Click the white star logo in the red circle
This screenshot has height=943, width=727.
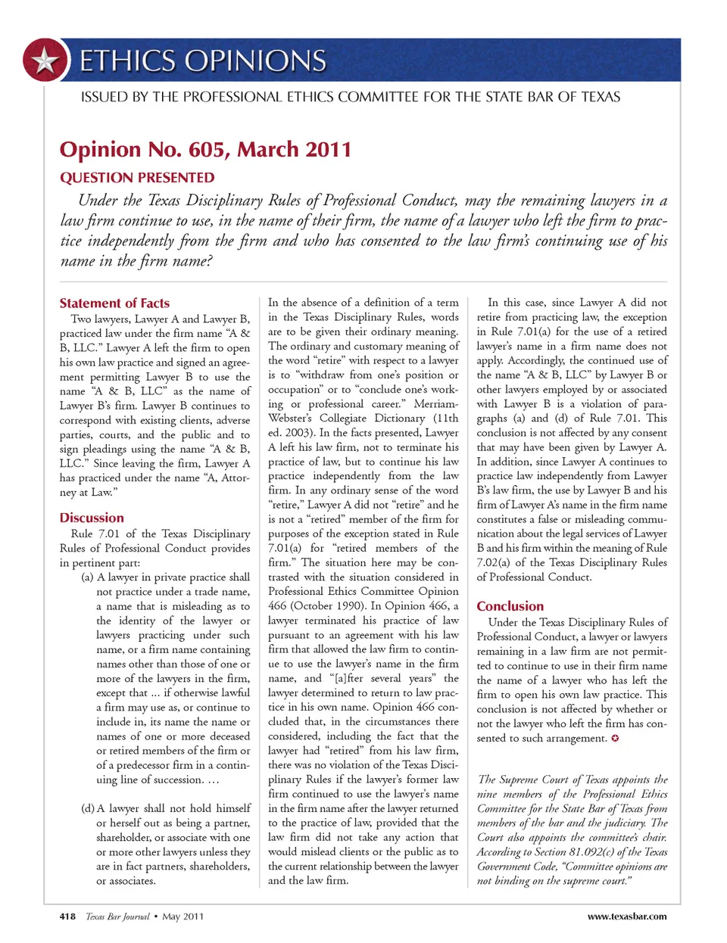point(45,60)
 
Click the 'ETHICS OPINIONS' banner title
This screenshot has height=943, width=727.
point(203,61)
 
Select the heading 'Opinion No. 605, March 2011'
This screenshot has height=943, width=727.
point(205,149)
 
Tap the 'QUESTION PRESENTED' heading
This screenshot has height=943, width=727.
point(137,178)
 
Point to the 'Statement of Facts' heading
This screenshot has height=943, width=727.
point(114,303)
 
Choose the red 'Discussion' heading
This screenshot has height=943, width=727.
point(92,518)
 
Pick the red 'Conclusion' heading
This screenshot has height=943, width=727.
point(510,606)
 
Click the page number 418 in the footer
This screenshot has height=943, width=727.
point(67,917)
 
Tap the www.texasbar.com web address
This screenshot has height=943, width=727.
point(627,917)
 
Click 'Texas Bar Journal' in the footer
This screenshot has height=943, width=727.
point(117,917)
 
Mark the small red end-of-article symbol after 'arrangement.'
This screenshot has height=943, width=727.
point(615,738)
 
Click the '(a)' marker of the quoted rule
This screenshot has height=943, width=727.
point(87,577)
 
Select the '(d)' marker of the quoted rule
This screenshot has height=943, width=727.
point(87,808)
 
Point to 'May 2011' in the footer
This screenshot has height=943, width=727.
point(183,917)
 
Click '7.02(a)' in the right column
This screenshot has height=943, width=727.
point(495,563)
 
